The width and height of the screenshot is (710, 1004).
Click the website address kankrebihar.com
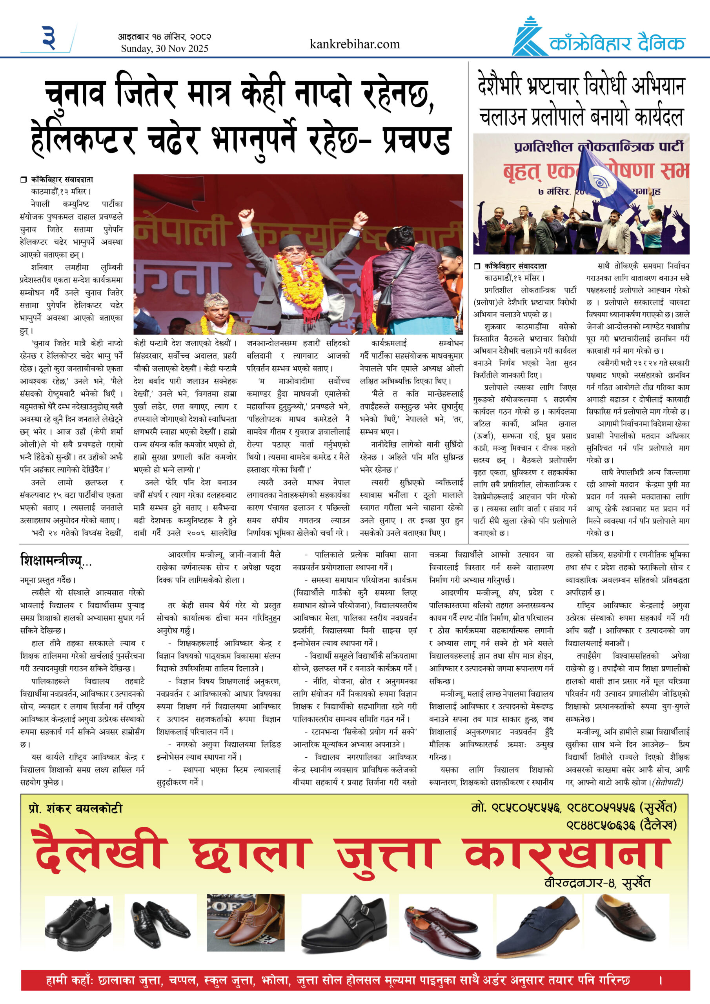pos(354,44)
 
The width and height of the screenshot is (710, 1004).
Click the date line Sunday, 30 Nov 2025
pos(164,49)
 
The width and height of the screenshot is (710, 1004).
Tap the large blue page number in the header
pos(49,38)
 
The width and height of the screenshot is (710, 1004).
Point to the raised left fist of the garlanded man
pos(246,215)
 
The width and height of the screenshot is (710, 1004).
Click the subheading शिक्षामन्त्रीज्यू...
pos(52,560)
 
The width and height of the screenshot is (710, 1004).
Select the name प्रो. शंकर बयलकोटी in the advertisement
pos(75,808)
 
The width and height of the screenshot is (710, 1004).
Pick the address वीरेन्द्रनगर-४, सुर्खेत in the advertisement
pos(597,882)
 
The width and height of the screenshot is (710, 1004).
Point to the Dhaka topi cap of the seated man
pos(217,300)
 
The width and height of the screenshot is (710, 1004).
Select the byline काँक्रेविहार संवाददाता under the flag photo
pos(515,266)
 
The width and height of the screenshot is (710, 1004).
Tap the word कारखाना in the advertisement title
pos(567,853)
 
